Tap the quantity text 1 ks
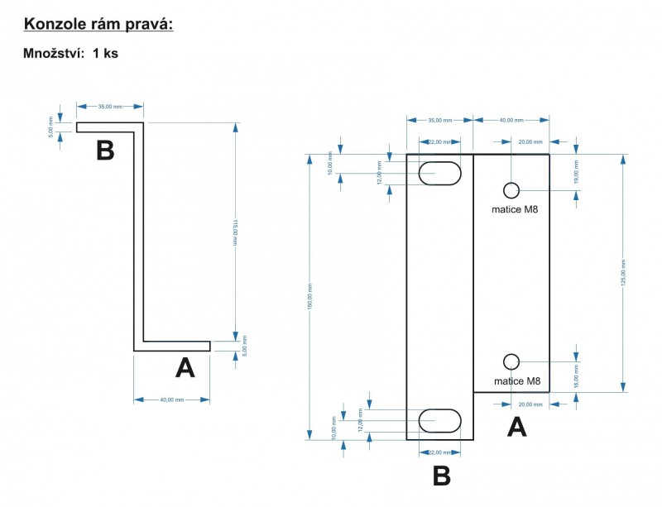point(106,53)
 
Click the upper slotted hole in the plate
point(439,174)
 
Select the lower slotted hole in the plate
point(439,420)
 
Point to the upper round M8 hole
point(511,190)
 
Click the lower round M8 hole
point(511,361)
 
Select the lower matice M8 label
point(516,382)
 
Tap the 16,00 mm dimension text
point(577,378)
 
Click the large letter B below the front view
point(441,476)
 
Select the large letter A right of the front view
point(516,428)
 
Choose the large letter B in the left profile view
point(105,151)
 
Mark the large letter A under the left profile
point(185,368)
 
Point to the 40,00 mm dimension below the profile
point(172,399)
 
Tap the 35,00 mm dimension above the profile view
point(110,107)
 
